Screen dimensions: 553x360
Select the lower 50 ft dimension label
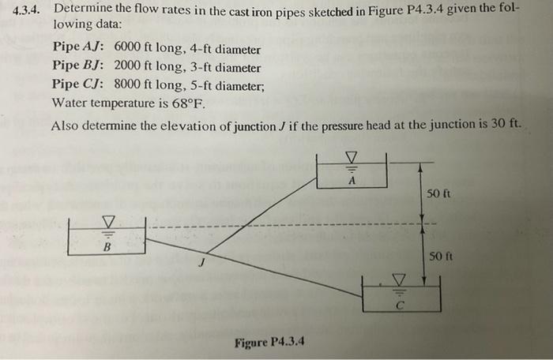(x=439, y=257)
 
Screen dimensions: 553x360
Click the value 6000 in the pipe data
(x=130, y=49)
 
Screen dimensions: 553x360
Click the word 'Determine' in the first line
(x=86, y=10)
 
